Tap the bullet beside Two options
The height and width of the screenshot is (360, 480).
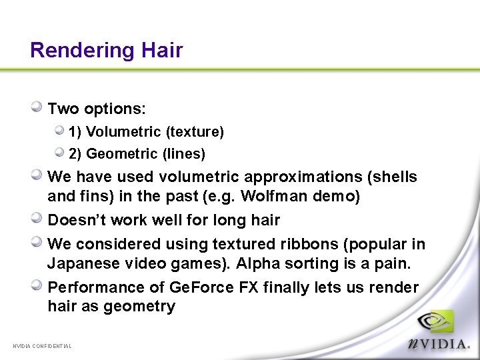[37, 107]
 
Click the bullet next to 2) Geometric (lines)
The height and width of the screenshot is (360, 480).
[59, 153]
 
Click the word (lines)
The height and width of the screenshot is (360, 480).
[183, 154]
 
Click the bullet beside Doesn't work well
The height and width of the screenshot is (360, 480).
[37, 219]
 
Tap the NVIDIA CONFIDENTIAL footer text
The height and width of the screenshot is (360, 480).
[42, 346]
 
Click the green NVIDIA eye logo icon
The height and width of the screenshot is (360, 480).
[435, 322]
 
